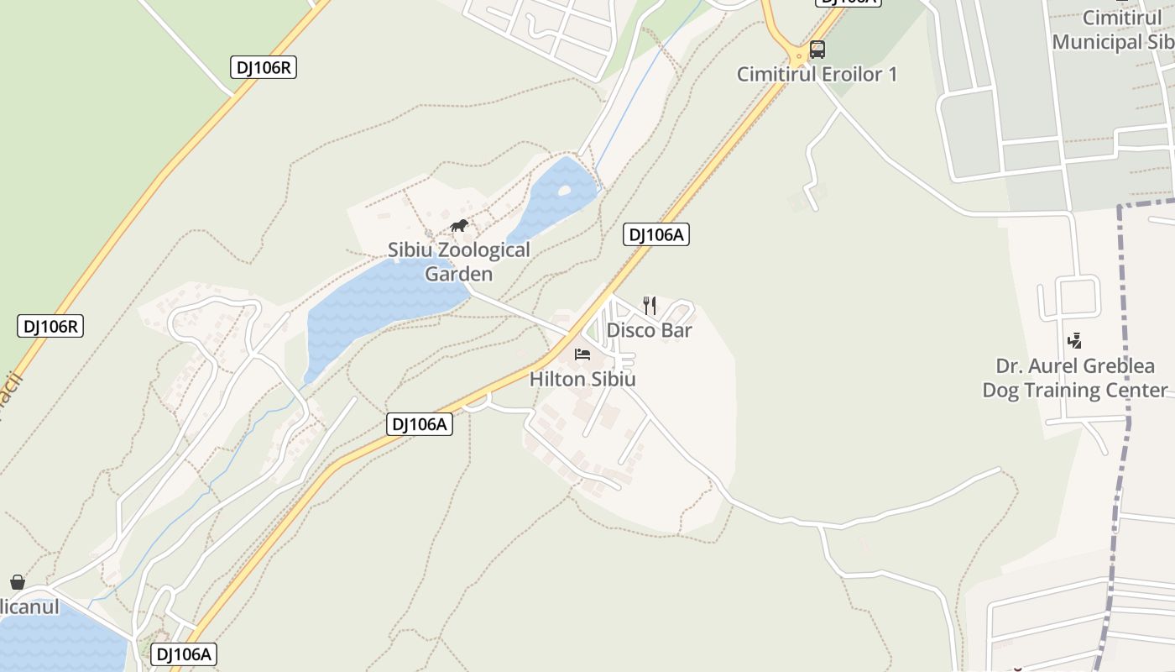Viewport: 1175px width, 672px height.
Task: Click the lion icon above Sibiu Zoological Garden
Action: coord(459,225)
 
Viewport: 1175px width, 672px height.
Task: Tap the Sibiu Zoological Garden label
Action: coord(458,261)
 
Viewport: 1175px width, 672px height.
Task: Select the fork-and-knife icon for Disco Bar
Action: coord(650,305)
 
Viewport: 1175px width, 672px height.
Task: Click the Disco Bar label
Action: coord(649,330)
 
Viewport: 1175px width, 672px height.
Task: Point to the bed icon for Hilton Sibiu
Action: coord(582,354)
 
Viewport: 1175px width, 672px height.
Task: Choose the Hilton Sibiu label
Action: coord(582,379)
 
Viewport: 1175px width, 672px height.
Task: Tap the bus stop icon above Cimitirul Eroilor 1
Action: coord(817,50)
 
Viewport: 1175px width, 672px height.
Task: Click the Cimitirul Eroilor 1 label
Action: coord(817,74)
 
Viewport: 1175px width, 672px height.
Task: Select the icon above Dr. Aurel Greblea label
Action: coord(1074,341)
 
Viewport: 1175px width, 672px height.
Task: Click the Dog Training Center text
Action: coord(1074,390)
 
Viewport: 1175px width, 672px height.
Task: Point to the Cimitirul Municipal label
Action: coord(1110,30)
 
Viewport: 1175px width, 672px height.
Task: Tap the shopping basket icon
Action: coord(17,582)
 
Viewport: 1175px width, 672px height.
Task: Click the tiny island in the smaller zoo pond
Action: coord(564,192)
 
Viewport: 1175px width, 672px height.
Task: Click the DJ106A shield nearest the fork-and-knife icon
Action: coord(655,235)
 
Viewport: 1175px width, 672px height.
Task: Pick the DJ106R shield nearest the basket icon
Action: coord(50,326)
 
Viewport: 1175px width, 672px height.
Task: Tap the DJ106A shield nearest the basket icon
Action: coord(184,654)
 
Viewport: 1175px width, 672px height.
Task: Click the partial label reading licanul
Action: coord(30,606)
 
